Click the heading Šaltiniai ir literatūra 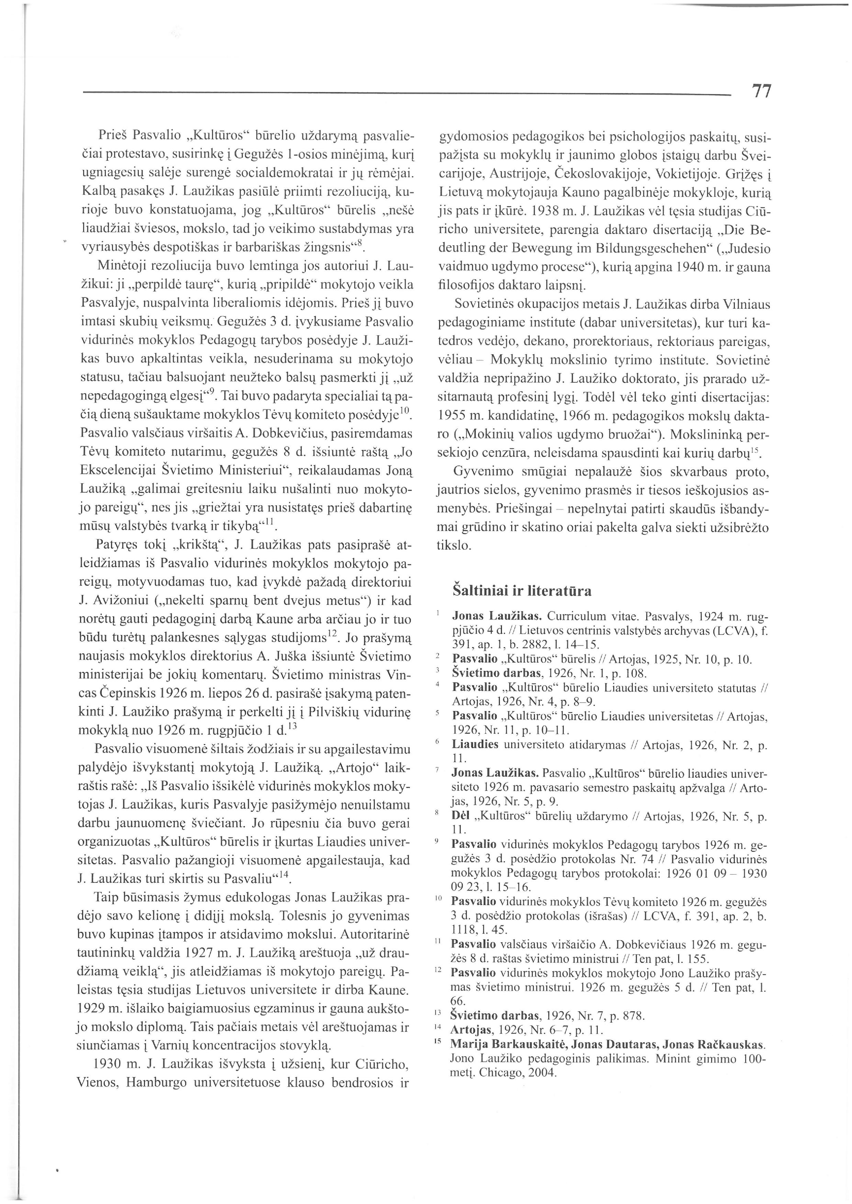tap(522, 591)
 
